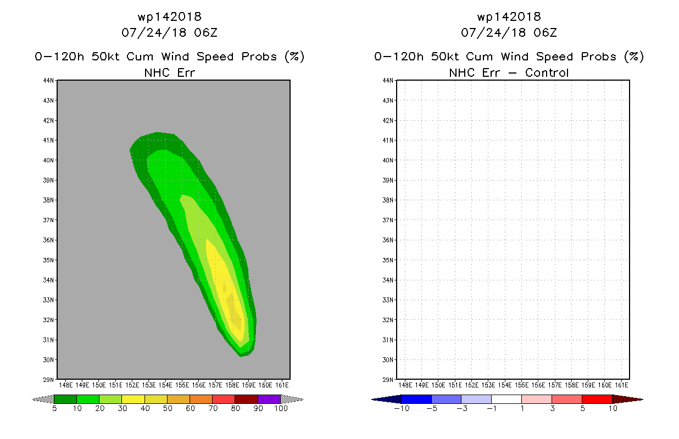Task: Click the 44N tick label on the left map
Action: tap(48, 81)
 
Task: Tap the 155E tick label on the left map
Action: tap(182, 385)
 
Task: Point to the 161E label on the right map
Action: tap(621, 385)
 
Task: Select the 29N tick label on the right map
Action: tap(388, 380)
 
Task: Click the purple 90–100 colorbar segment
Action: tap(269, 399)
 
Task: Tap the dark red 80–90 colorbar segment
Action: tap(247, 399)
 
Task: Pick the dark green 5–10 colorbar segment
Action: tap(65, 399)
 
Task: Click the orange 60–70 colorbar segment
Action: tap(201, 399)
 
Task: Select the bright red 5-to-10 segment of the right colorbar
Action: tap(597, 399)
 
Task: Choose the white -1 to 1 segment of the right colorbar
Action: tap(507, 399)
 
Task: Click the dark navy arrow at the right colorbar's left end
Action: tap(387, 399)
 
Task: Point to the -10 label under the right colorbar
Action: tap(402, 408)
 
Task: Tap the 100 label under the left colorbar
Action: tap(281, 408)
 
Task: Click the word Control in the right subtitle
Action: tap(547, 73)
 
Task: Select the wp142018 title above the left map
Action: tap(170, 17)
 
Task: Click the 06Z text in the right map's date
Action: tap(546, 33)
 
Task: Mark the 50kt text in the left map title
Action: tap(105, 57)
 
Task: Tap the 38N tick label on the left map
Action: tap(48, 200)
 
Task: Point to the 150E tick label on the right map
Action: tap(438, 385)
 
